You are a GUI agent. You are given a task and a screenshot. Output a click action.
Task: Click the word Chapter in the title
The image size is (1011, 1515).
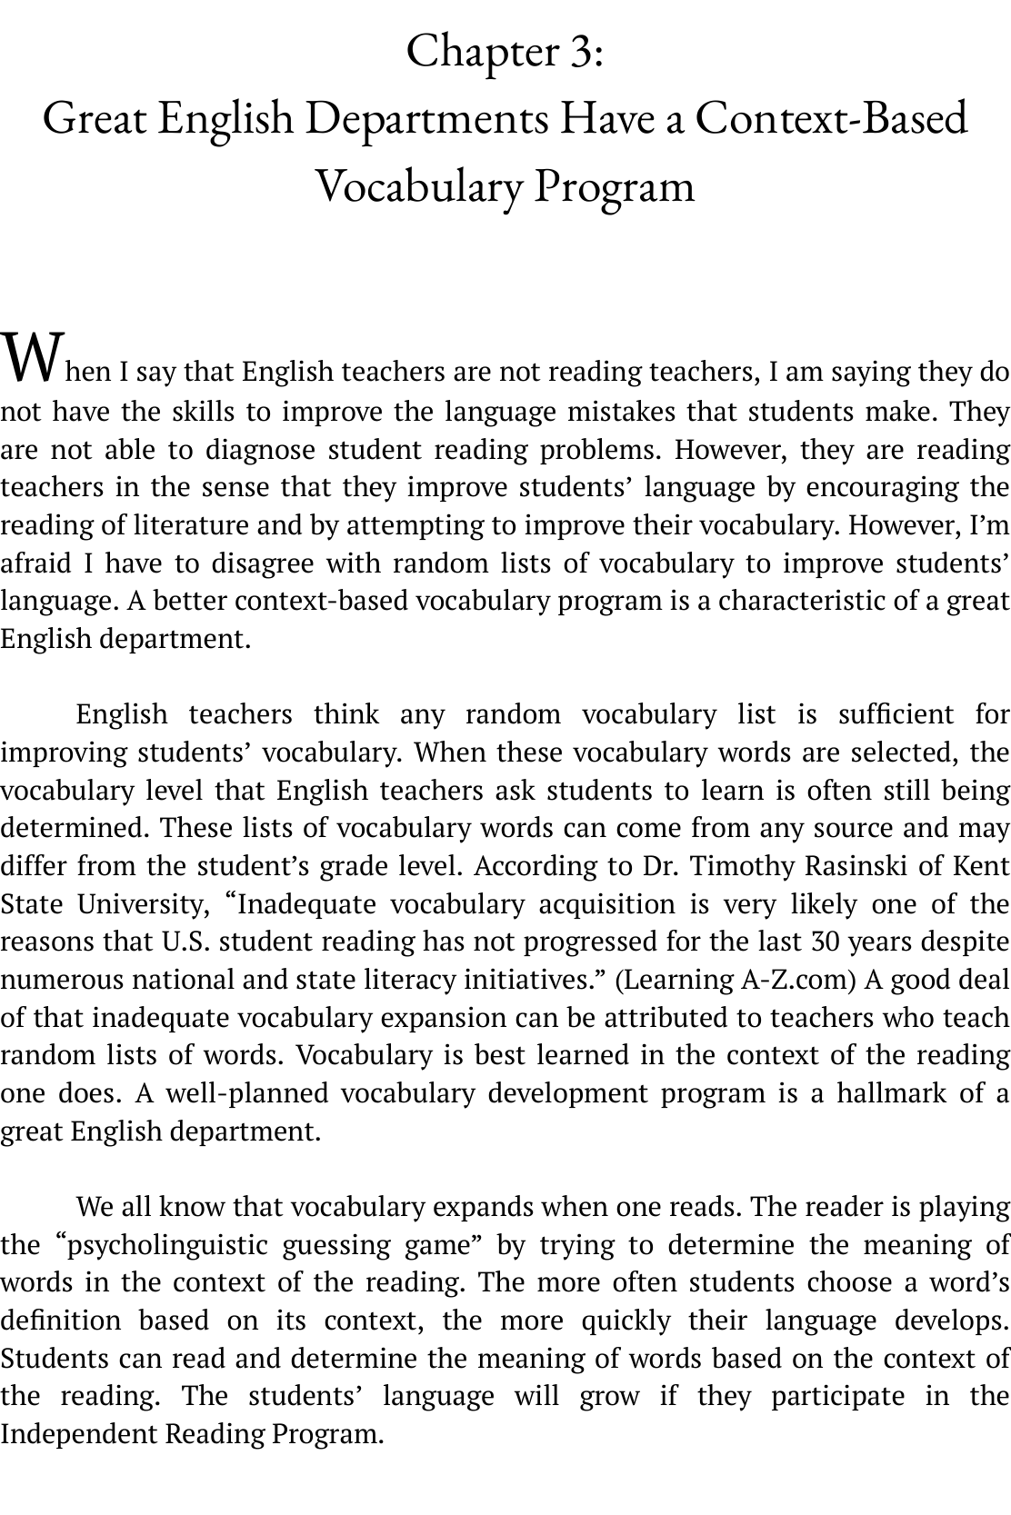482,52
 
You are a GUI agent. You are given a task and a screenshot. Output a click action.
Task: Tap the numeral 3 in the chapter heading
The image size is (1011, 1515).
581,52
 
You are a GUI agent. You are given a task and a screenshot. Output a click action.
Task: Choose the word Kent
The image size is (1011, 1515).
982,866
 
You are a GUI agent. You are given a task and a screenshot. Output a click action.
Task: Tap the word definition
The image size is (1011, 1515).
60,1321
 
